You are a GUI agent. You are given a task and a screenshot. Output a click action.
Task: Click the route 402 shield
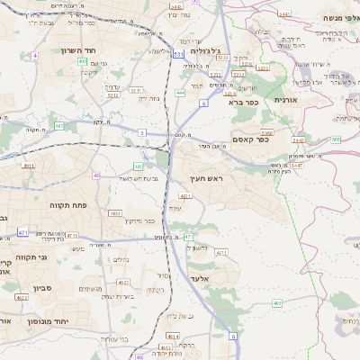point(82,61)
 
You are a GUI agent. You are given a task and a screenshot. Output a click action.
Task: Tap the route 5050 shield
point(268,133)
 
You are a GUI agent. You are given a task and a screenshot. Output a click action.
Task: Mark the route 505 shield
point(336,139)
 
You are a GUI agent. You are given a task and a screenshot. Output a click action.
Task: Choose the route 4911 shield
point(29,166)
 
